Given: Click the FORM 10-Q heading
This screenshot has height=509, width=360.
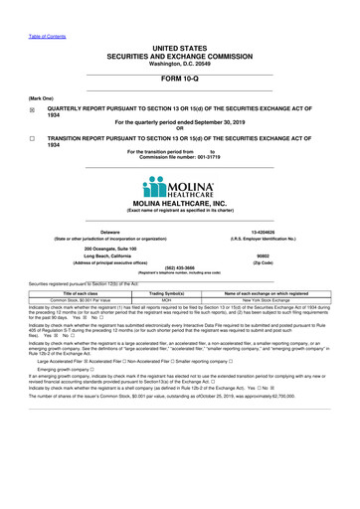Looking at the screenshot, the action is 179,82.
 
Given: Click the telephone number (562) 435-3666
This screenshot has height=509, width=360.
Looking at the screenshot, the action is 179,265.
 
